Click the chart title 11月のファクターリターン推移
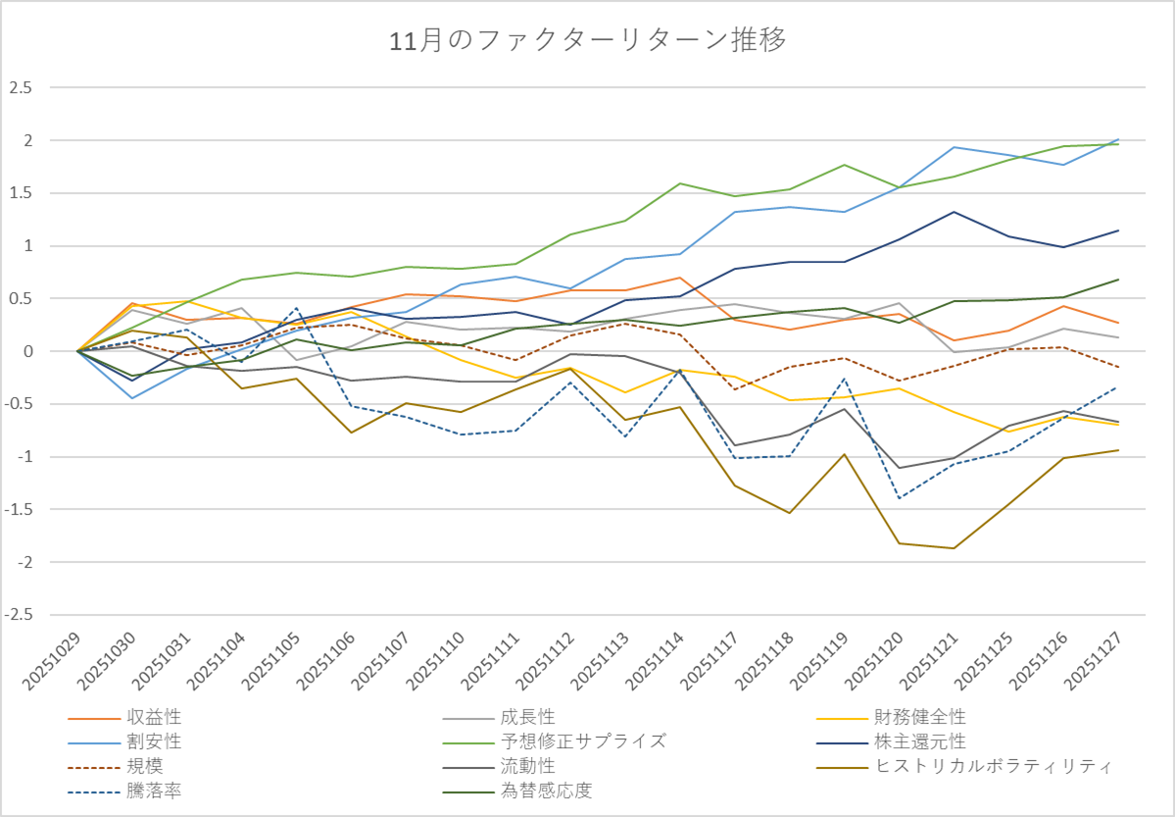[587, 40]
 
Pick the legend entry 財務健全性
[920, 718]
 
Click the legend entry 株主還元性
[920, 741]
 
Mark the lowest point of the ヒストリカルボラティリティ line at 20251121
[953, 548]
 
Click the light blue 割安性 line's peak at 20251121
[953, 147]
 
